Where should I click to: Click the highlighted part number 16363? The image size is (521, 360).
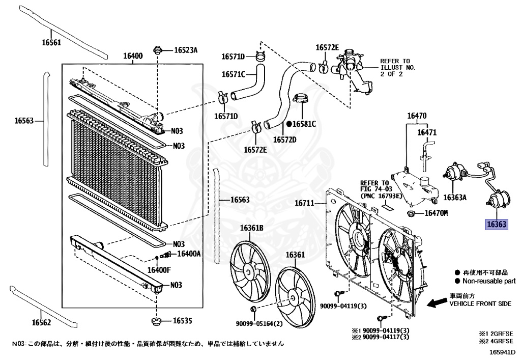497,224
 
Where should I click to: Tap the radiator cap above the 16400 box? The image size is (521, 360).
158,50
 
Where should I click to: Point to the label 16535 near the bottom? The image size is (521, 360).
182,321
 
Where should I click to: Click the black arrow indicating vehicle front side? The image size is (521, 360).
436,303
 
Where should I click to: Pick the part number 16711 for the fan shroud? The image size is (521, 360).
306,204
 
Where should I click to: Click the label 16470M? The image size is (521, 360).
436,213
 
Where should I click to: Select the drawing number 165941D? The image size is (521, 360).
502,352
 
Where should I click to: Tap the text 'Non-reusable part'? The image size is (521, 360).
488,281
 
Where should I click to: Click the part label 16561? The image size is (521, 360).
51,43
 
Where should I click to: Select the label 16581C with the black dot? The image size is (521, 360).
304,124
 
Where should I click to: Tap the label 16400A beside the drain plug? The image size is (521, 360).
188,254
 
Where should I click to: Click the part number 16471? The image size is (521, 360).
427,132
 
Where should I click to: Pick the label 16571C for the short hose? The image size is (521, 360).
233,74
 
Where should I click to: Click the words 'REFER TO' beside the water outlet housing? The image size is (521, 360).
395,61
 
